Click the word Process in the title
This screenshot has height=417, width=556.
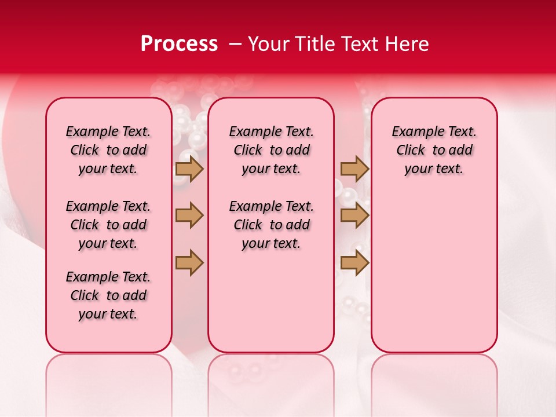click(x=179, y=44)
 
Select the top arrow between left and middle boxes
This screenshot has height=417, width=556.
click(x=189, y=169)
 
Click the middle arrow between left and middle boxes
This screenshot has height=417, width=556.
click(x=189, y=215)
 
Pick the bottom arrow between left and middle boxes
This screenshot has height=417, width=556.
click(x=189, y=262)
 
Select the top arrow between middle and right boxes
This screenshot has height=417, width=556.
click(x=354, y=169)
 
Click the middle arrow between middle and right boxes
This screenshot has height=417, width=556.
click(x=354, y=215)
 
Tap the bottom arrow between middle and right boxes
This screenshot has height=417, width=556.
click(x=354, y=262)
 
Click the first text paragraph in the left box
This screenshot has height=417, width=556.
click(x=108, y=151)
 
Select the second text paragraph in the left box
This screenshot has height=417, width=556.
click(x=108, y=225)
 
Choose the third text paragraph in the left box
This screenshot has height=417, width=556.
click(x=108, y=295)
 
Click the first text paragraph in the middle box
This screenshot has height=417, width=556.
click(x=271, y=151)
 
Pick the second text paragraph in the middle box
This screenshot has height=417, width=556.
click(x=271, y=225)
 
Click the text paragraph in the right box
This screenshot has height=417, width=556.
click(x=434, y=151)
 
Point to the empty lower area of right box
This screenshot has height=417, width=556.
click(x=434, y=272)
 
